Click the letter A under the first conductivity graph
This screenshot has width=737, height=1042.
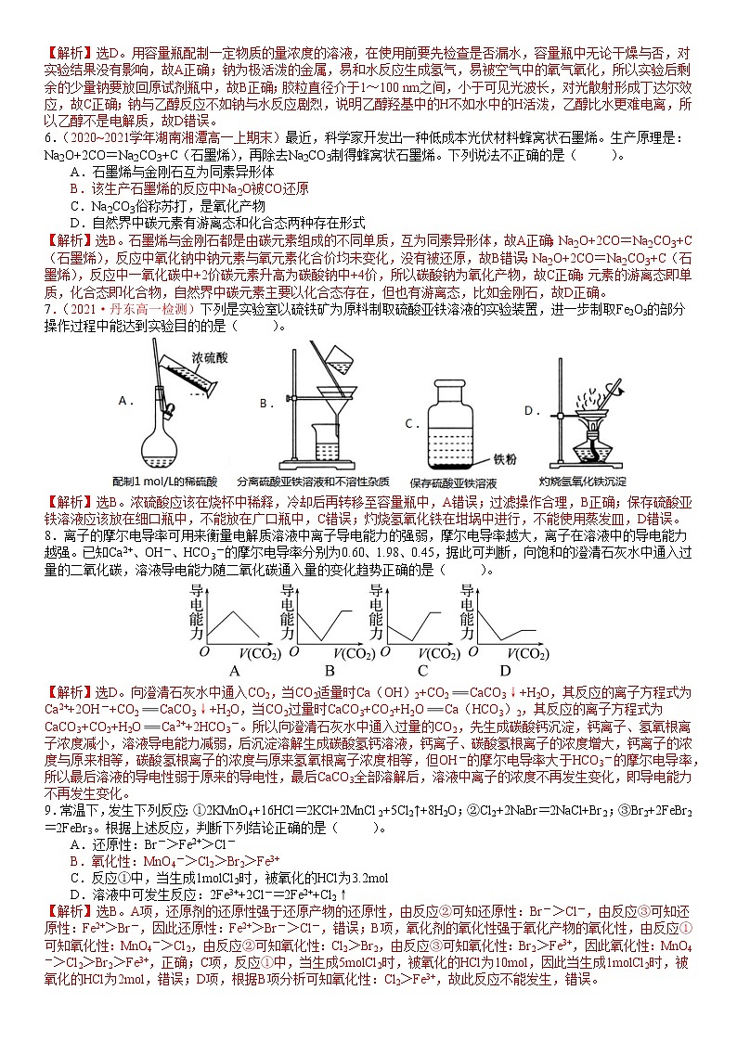233,671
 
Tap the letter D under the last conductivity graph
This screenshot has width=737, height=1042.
505,671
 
